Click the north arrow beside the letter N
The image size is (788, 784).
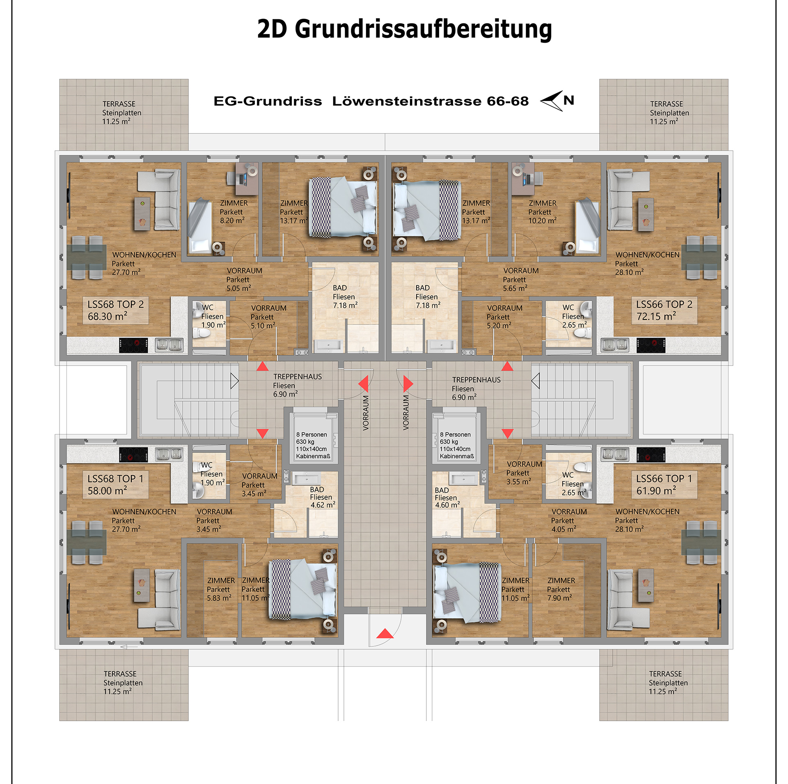point(552,101)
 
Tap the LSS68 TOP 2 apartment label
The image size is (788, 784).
point(115,310)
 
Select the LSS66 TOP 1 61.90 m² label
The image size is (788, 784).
point(664,485)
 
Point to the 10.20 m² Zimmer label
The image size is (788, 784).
point(542,212)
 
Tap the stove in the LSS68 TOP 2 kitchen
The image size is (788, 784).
point(133,345)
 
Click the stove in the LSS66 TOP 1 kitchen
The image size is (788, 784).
point(651,455)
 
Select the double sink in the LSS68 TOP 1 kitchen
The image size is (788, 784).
point(169,454)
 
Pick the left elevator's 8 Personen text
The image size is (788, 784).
point(312,435)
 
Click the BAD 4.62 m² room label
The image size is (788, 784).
point(323,497)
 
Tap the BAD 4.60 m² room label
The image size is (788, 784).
point(447,497)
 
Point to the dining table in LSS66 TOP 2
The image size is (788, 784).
point(701,257)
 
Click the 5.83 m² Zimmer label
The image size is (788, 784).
point(221,589)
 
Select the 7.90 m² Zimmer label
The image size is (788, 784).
point(561,589)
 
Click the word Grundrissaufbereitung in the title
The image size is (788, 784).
point(423,30)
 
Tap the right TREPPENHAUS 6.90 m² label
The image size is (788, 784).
point(476,389)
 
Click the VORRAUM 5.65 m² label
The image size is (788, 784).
point(521,280)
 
